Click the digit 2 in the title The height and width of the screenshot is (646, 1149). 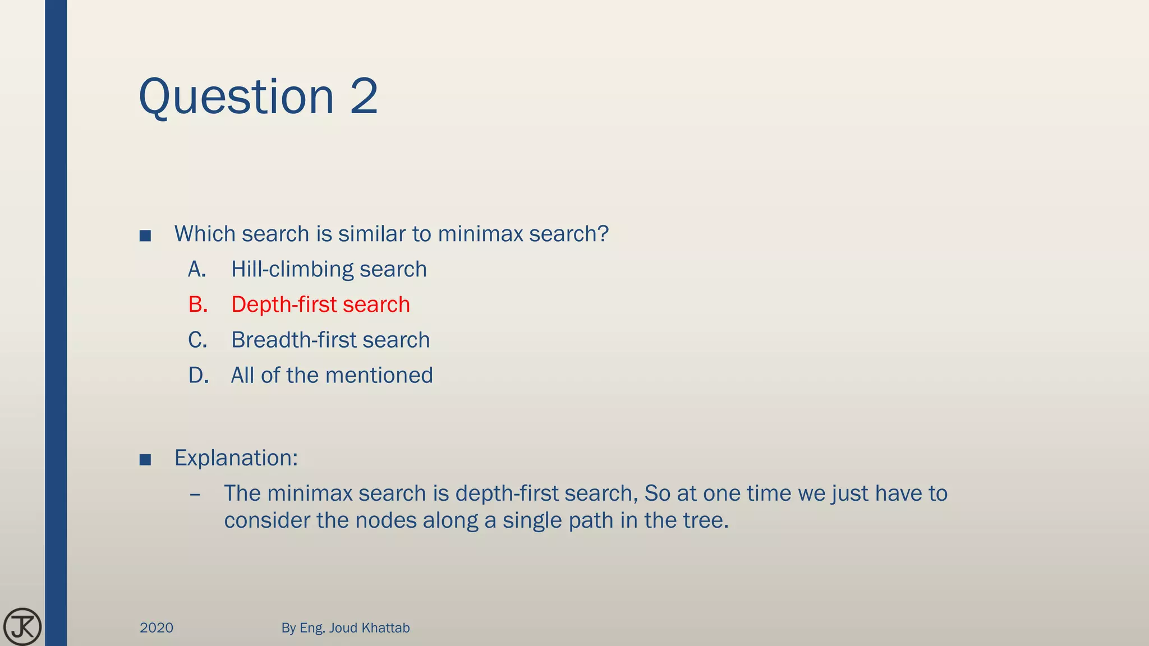point(364,96)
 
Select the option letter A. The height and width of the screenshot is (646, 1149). point(197,270)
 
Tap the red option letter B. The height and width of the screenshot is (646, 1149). point(198,305)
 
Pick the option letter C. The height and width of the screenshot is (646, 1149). point(197,340)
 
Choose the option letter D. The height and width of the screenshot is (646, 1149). point(199,376)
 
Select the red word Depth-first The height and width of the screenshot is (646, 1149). point(283,305)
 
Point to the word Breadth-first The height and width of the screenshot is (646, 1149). point(293,340)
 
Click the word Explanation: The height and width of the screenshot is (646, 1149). point(236,458)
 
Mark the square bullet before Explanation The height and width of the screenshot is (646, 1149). point(145,460)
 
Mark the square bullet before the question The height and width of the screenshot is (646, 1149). point(145,236)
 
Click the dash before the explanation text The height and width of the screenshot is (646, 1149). point(195,495)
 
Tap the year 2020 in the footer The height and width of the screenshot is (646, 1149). point(157,628)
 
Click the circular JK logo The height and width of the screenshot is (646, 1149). point(22,626)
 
